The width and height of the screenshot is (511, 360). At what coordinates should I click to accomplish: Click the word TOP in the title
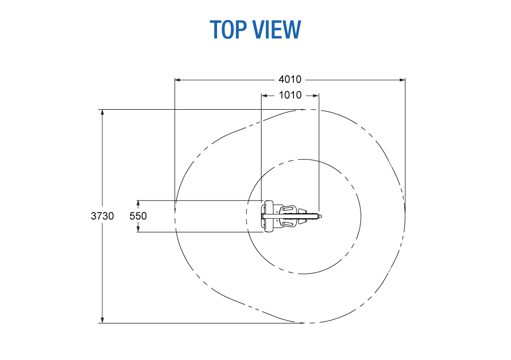coord(228,29)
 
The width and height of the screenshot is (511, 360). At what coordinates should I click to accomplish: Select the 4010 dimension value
coord(290,79)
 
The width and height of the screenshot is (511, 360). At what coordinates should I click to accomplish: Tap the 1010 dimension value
coord(290,95)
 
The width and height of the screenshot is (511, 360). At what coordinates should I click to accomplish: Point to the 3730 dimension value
coord(102,216)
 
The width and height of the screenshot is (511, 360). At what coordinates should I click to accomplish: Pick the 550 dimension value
coord(138,216)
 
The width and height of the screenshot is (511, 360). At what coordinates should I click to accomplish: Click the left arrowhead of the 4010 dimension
coord(178,80)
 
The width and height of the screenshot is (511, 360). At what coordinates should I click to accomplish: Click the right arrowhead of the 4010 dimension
coord(403,80)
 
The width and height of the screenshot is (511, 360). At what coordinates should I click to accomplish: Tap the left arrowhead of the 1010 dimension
coord(264,95)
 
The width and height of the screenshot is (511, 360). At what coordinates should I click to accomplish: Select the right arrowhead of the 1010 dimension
coord(316,95)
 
